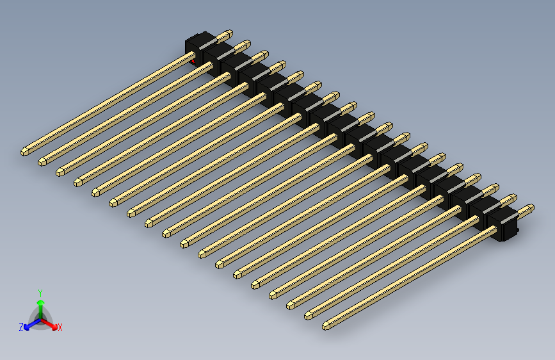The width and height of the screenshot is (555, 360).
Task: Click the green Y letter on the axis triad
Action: (40, 292)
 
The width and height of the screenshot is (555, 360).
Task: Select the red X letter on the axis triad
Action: (60, 327)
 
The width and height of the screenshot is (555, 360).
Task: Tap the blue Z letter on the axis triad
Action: (21, 327)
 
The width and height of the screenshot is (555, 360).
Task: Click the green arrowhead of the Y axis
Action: (40, 302)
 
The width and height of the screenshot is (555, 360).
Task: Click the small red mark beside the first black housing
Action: (194, 61)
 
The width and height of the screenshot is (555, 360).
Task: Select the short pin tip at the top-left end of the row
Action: (229, 32)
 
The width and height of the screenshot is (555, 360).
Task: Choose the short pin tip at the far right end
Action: (530, 208)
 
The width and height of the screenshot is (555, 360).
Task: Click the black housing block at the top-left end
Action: (197, 45)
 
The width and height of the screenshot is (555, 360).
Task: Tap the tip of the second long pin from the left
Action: (42, 160)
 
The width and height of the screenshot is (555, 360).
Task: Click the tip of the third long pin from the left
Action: (60, 171)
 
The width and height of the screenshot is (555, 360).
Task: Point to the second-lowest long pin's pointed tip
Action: (309, 315)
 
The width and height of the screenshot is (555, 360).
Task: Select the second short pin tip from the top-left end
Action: (246, 44)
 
